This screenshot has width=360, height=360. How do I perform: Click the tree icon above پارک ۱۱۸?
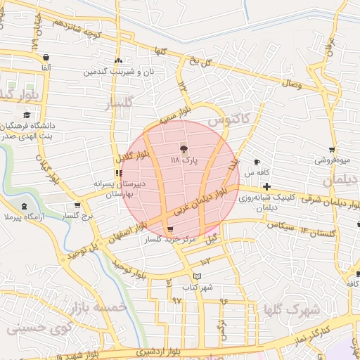[x=184, y=148]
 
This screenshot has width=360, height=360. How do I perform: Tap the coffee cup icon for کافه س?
[x=257, y=162]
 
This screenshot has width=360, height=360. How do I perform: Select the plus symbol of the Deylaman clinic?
[x=266, y=186]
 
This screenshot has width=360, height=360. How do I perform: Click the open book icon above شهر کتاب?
[x=198, y=276]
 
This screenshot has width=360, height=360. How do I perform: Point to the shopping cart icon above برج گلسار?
[x=77, y=206]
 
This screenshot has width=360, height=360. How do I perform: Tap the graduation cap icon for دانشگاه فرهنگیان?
[x=27, y=115]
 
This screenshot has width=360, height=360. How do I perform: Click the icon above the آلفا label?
[x=46, y=57]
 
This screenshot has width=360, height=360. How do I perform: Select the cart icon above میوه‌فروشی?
[x=332, y=149]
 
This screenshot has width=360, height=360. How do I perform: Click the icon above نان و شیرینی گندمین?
[x=118, y=61]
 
